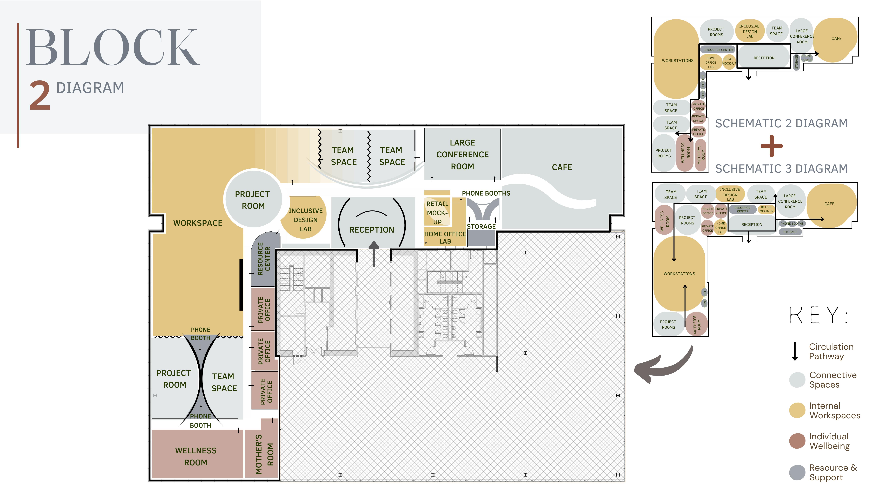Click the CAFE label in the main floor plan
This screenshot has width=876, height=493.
point(562,167)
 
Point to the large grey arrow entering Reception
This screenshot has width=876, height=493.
point(374,253)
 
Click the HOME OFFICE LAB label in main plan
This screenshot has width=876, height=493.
point(445,238)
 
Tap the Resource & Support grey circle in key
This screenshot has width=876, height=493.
point(797,472)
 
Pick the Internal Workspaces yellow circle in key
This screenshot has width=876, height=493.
point(797,410)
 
